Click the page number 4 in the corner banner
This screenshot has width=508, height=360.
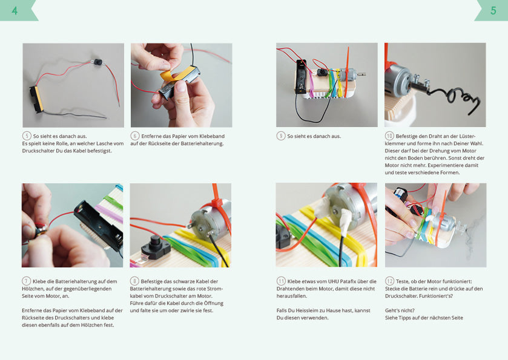15,11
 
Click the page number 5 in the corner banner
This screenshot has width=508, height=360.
493,11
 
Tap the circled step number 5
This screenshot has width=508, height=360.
27,136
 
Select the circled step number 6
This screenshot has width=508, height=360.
135,136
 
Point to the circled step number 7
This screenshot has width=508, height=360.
26,281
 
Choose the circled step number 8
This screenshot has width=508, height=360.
134,281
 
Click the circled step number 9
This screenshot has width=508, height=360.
281,136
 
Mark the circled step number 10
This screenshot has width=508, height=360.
389,136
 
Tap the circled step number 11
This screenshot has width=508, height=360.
281,281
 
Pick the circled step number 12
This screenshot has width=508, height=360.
389,281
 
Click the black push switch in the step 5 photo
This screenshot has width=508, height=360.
97,62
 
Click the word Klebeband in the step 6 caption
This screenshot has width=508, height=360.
212,136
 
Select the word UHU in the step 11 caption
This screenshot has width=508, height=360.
334,281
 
